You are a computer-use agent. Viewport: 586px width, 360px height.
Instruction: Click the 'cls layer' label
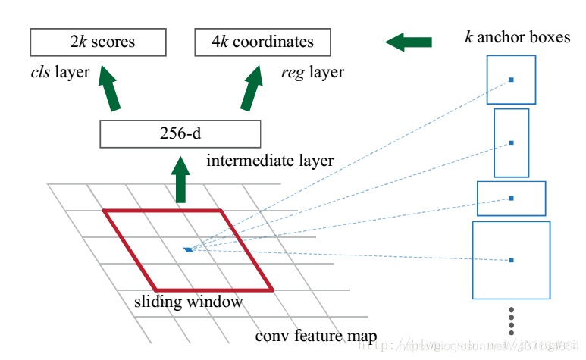[57, 73]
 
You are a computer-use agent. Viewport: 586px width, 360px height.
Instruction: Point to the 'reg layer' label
[312, 73]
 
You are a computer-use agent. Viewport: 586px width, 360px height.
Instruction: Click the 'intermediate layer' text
[270, 161]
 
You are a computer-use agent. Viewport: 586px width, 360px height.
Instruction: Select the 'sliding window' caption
[189, 302]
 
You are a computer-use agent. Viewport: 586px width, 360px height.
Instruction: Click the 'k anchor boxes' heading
[517, 36]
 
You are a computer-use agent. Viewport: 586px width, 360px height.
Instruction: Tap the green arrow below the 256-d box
[180, 180]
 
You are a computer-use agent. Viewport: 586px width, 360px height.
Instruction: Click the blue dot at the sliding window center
[187, 249]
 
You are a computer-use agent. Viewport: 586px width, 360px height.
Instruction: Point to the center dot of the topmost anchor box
[512, 80]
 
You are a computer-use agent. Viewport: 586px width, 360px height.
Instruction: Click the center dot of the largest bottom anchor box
[512, 260]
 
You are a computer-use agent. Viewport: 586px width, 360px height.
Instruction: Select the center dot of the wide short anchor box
[512, 199]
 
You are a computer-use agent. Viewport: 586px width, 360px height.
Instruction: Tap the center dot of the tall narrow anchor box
[512, 142]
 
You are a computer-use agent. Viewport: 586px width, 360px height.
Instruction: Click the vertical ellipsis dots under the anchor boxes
[512, 320]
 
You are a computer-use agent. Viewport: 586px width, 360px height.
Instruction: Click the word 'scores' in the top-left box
[116, 42]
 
